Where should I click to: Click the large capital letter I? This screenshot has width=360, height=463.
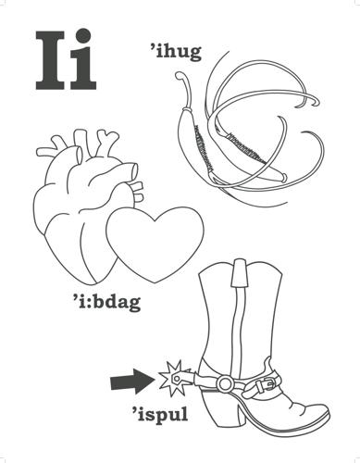point(50,60)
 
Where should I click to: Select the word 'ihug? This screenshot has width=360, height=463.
point(175,53)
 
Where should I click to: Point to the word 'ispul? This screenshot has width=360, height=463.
point(160,414)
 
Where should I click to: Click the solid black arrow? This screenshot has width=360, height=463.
point(132,382)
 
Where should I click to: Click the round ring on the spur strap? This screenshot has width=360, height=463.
point(225,382)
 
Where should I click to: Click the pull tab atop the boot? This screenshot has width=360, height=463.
point(240,272)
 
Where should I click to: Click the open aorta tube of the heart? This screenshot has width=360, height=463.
point(133,171)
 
